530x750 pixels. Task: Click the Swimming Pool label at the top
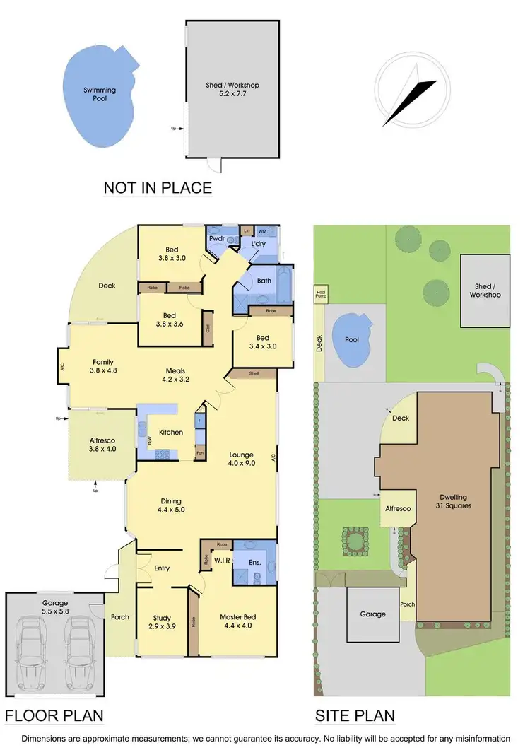[x=100, y=95]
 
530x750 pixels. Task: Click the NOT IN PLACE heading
[x=158, y=188]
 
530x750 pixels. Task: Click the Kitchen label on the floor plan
[x=171, y=433]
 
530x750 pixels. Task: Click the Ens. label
[x=254, y=563]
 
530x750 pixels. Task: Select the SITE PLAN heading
[x=354, y=715]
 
